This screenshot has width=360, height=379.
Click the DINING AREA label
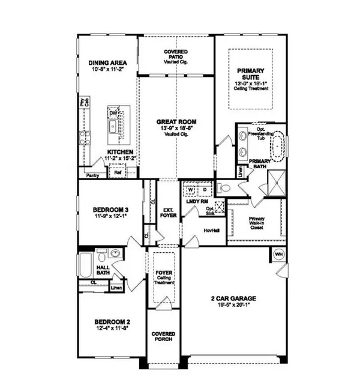[106, 62]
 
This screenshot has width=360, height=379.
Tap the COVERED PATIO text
[176, 53]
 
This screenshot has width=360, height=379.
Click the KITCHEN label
[120, 152]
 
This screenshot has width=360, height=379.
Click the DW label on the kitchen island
[112, 112]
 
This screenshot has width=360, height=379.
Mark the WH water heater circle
[278, 254]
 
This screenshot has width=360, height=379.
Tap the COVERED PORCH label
[163, 336]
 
